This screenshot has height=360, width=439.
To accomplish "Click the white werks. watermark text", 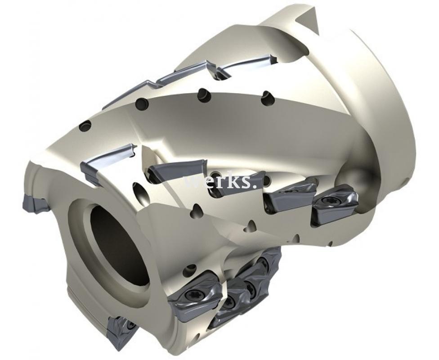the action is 221,183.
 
